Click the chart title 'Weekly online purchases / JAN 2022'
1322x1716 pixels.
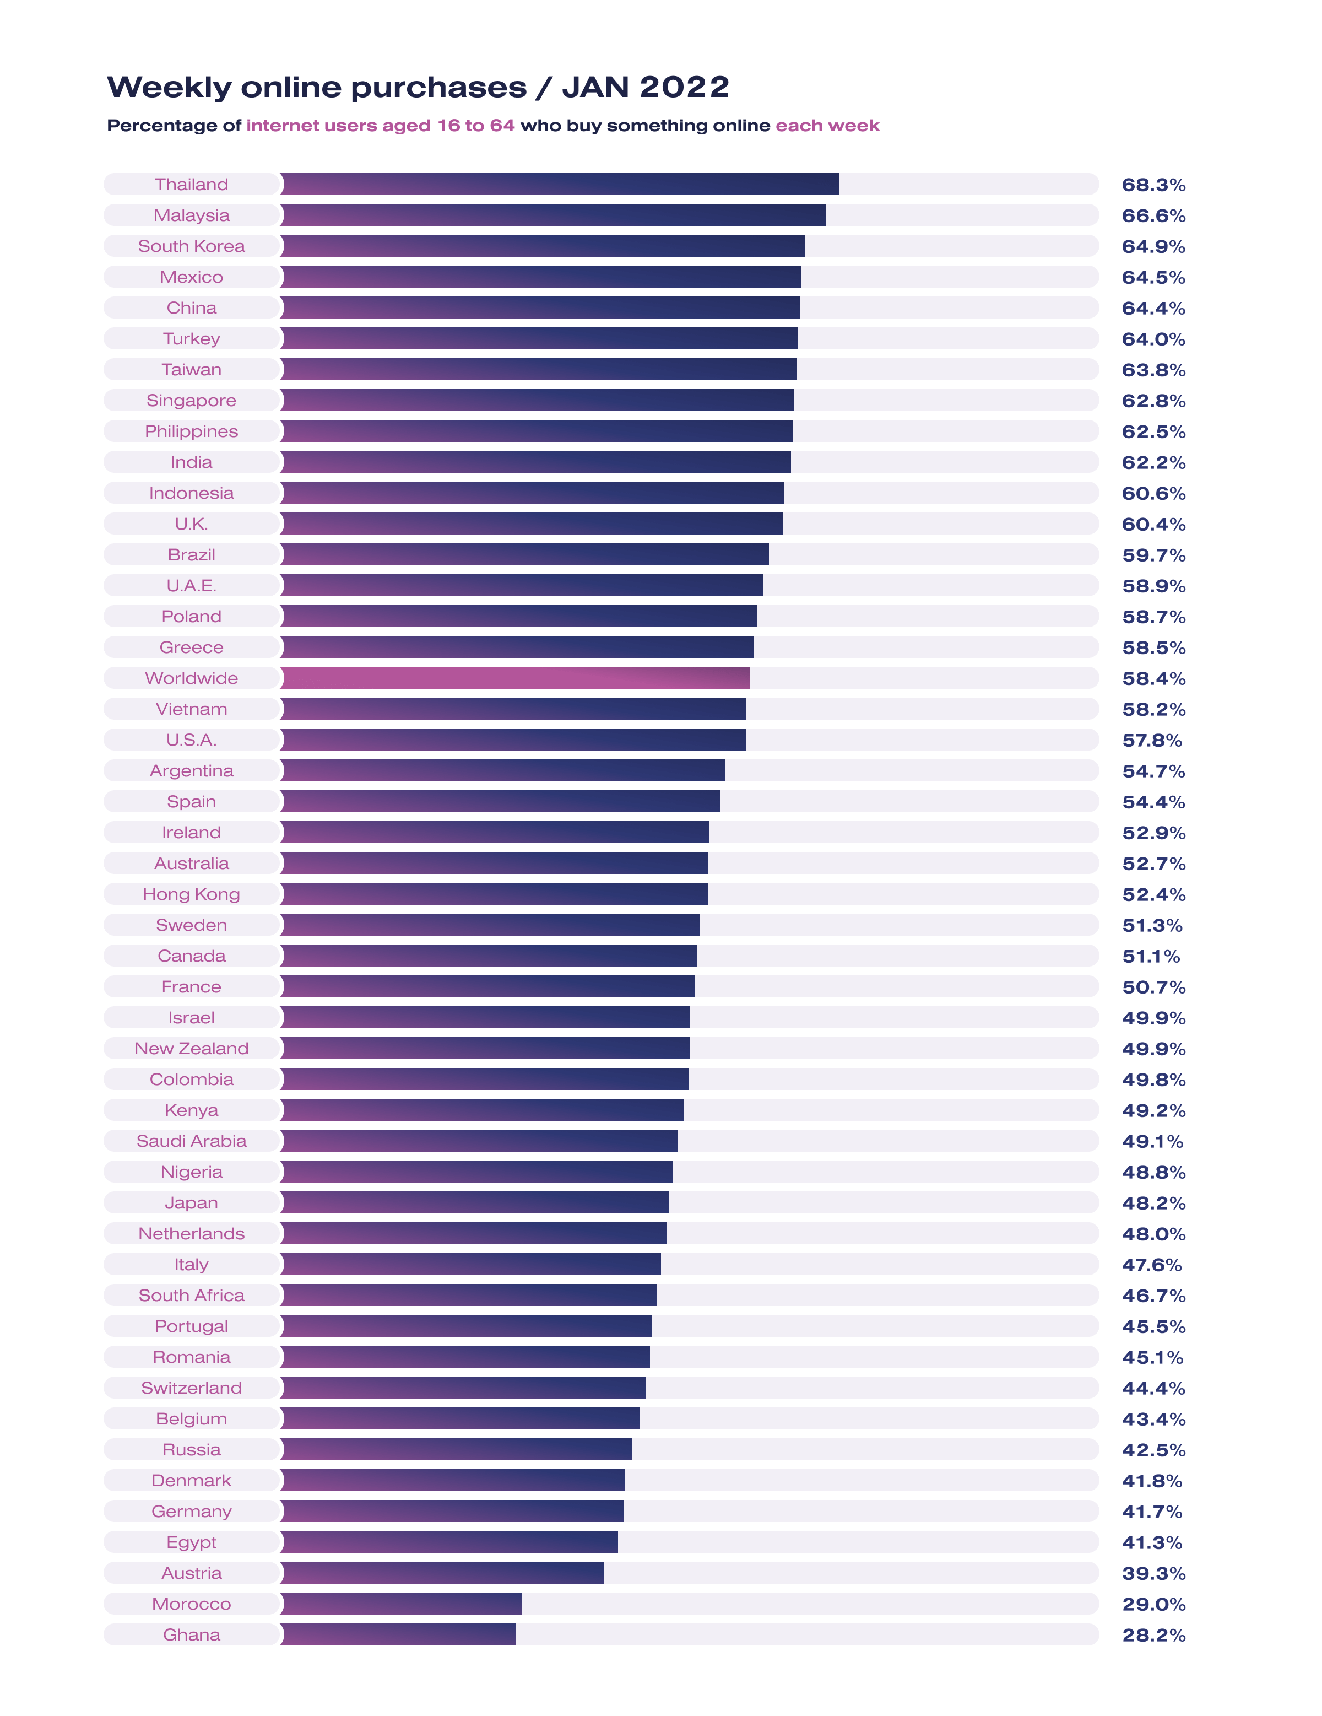point(418,87)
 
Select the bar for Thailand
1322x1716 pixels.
point(559,184)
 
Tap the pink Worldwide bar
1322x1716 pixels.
point(514,678)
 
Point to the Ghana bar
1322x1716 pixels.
point(398,1634)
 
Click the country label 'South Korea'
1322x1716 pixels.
point(191,246)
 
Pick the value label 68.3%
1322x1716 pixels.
point(1153,185)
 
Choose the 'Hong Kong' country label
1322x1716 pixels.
point(191,894)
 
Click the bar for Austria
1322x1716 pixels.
point(441,1573)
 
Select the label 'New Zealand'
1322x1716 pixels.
point(191,1048)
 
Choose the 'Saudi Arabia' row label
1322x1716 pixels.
point(191,1141)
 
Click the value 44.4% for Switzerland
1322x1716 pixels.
point(1153,1388)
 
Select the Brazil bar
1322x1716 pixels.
point(524,555)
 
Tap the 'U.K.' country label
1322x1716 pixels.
point(191,524)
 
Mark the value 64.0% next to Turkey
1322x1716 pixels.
point(1153,339)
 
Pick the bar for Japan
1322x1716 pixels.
point(474,1202)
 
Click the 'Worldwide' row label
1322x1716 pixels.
point(191,678)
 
